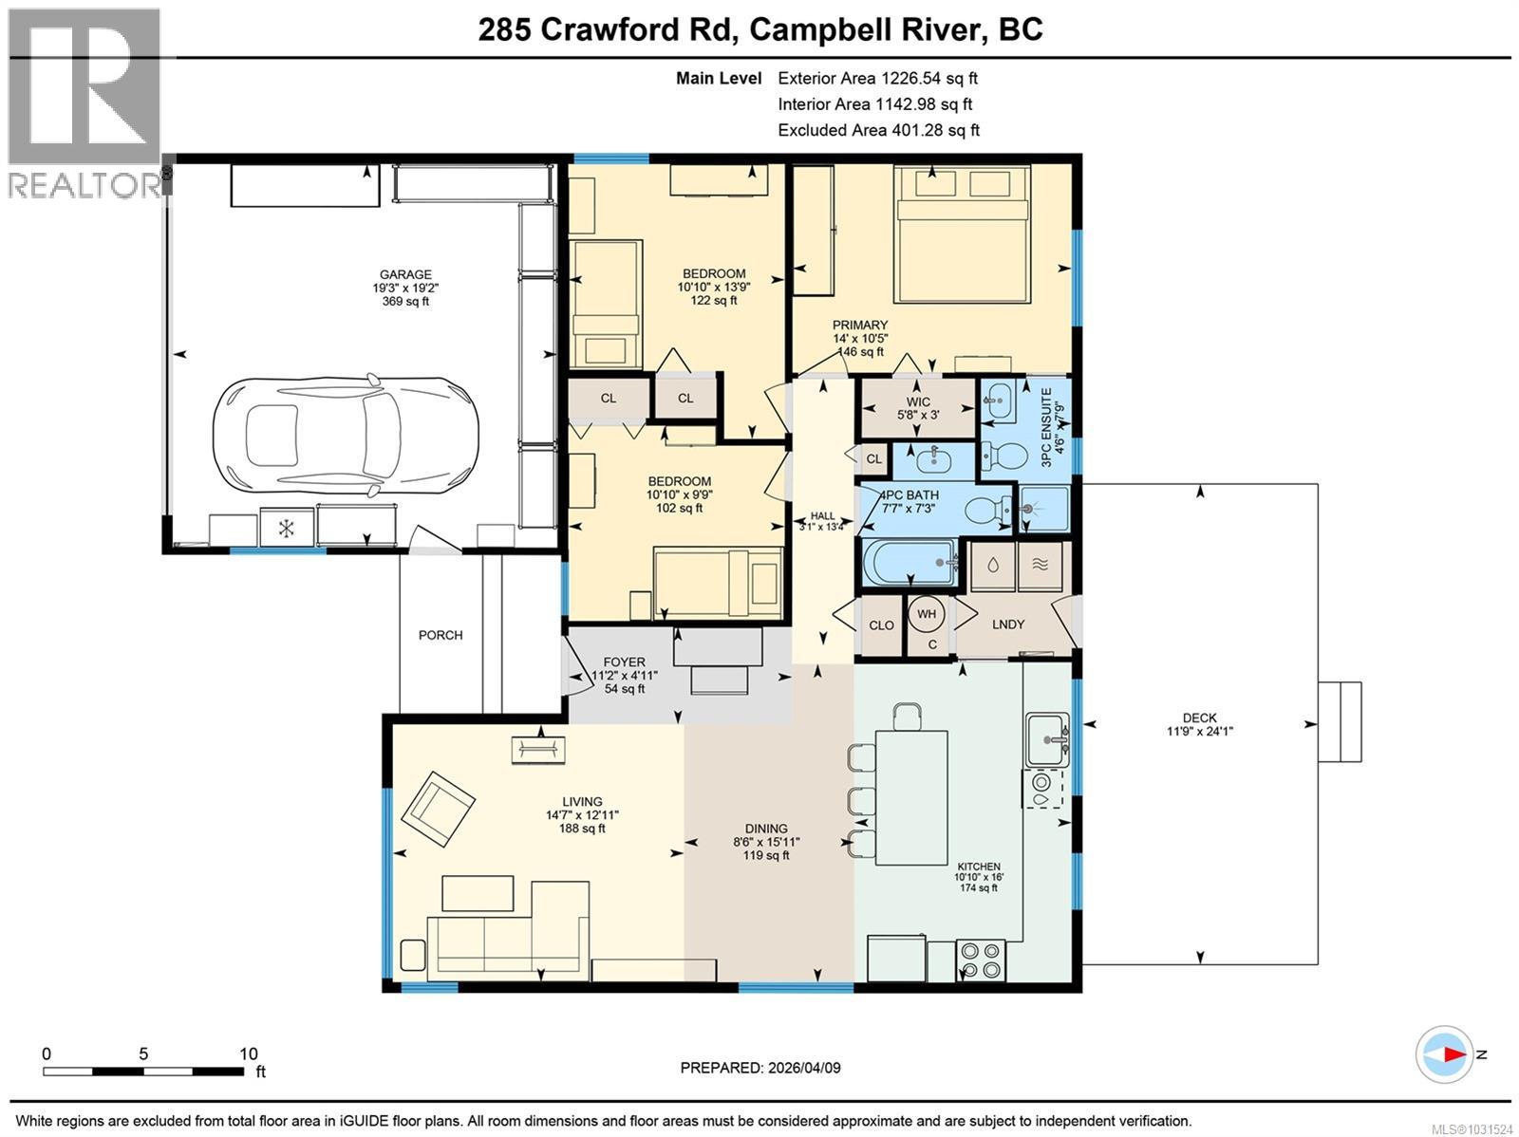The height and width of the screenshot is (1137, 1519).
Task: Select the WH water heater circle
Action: click(927, 614)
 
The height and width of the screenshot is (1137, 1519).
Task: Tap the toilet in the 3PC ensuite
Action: click(1003, 457)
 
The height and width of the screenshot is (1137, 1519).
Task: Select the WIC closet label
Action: click(918, 401)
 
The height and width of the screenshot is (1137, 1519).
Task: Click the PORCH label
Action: click(441, 635)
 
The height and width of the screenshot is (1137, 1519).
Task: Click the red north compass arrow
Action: click(1450, 1054)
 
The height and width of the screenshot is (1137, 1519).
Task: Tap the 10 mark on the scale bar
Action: click(248, 1053)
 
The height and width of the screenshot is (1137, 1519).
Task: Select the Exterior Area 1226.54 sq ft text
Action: click(877, 79)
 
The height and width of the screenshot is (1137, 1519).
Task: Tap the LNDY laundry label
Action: click(1007, 624)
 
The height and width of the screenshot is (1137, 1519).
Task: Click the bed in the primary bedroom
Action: click(963, 234)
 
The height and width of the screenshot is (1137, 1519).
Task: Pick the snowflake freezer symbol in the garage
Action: click(286, 528)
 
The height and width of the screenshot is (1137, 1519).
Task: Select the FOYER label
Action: click(624, 662)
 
